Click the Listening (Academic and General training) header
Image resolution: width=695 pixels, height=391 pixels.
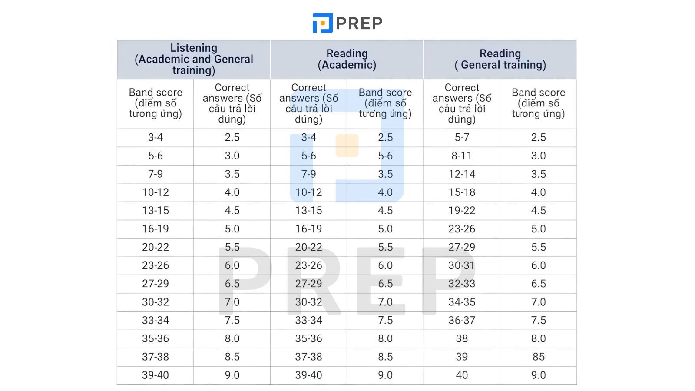click(x=194, y=60)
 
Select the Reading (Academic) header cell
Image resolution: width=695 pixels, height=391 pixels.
click(x=347, y=60)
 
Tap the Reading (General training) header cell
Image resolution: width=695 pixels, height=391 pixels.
click(x=500, y=60)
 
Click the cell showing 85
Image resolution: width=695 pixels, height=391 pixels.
click(x=538, y=357)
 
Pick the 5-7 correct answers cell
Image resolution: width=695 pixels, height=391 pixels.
click(x=462, y=137)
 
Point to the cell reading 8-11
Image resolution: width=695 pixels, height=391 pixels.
click(x=462, y=156)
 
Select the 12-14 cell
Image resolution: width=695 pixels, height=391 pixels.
click(x=462, y=174)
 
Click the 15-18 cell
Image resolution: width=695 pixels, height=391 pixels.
click(x=462, y=192)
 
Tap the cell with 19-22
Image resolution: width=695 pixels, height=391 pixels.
click(x=462, y=211)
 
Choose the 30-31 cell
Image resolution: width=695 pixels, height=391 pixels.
click(x=462, y=265)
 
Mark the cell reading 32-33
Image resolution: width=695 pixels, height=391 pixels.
click(x=462, y=284)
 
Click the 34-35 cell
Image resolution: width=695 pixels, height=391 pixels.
click(x=462, y=302)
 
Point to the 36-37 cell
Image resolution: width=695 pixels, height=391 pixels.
click(x=462, y=320)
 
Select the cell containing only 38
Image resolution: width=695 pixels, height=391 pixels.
click(x=462, y=338)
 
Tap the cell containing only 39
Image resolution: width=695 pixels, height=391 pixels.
click(x=462, y=357)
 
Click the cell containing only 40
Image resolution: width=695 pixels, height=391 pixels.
click(x=462, y=375)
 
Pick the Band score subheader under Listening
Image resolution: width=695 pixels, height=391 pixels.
click(x=156, y=103)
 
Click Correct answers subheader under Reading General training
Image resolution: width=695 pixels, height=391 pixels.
click(x=462, y=103)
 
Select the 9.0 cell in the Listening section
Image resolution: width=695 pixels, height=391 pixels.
click(x=232, y=375)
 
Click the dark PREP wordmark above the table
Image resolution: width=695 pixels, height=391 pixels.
click(x=359, y=23)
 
